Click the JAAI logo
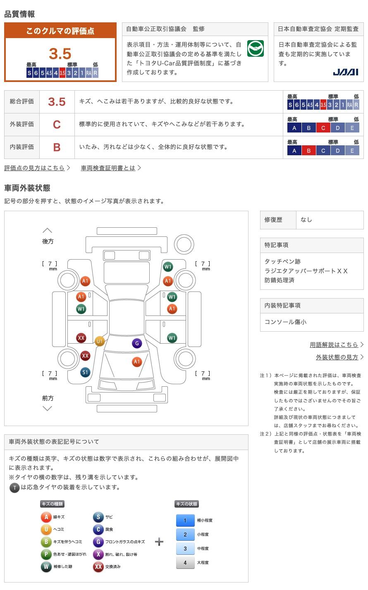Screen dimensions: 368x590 [345, 72]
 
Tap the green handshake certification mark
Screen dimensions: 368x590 [255, 48]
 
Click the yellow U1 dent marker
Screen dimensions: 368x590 [99, 341]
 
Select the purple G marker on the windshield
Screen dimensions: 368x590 [137, 343]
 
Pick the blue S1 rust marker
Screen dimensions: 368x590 [85, 372]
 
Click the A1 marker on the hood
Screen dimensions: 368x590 [137, 361]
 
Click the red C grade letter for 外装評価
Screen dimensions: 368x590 [57, 125]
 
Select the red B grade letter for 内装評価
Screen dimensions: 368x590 [57, 147]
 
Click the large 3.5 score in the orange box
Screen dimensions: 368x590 [60, 53]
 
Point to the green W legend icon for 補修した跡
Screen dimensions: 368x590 [46, 566]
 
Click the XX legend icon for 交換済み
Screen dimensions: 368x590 [98, 566]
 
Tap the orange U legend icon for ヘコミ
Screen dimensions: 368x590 [46, 529]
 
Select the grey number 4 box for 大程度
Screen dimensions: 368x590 [185, 562]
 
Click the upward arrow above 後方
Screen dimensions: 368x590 [48, 231]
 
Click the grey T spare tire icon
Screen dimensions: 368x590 [14, 488]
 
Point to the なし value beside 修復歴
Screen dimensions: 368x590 [306, 220]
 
